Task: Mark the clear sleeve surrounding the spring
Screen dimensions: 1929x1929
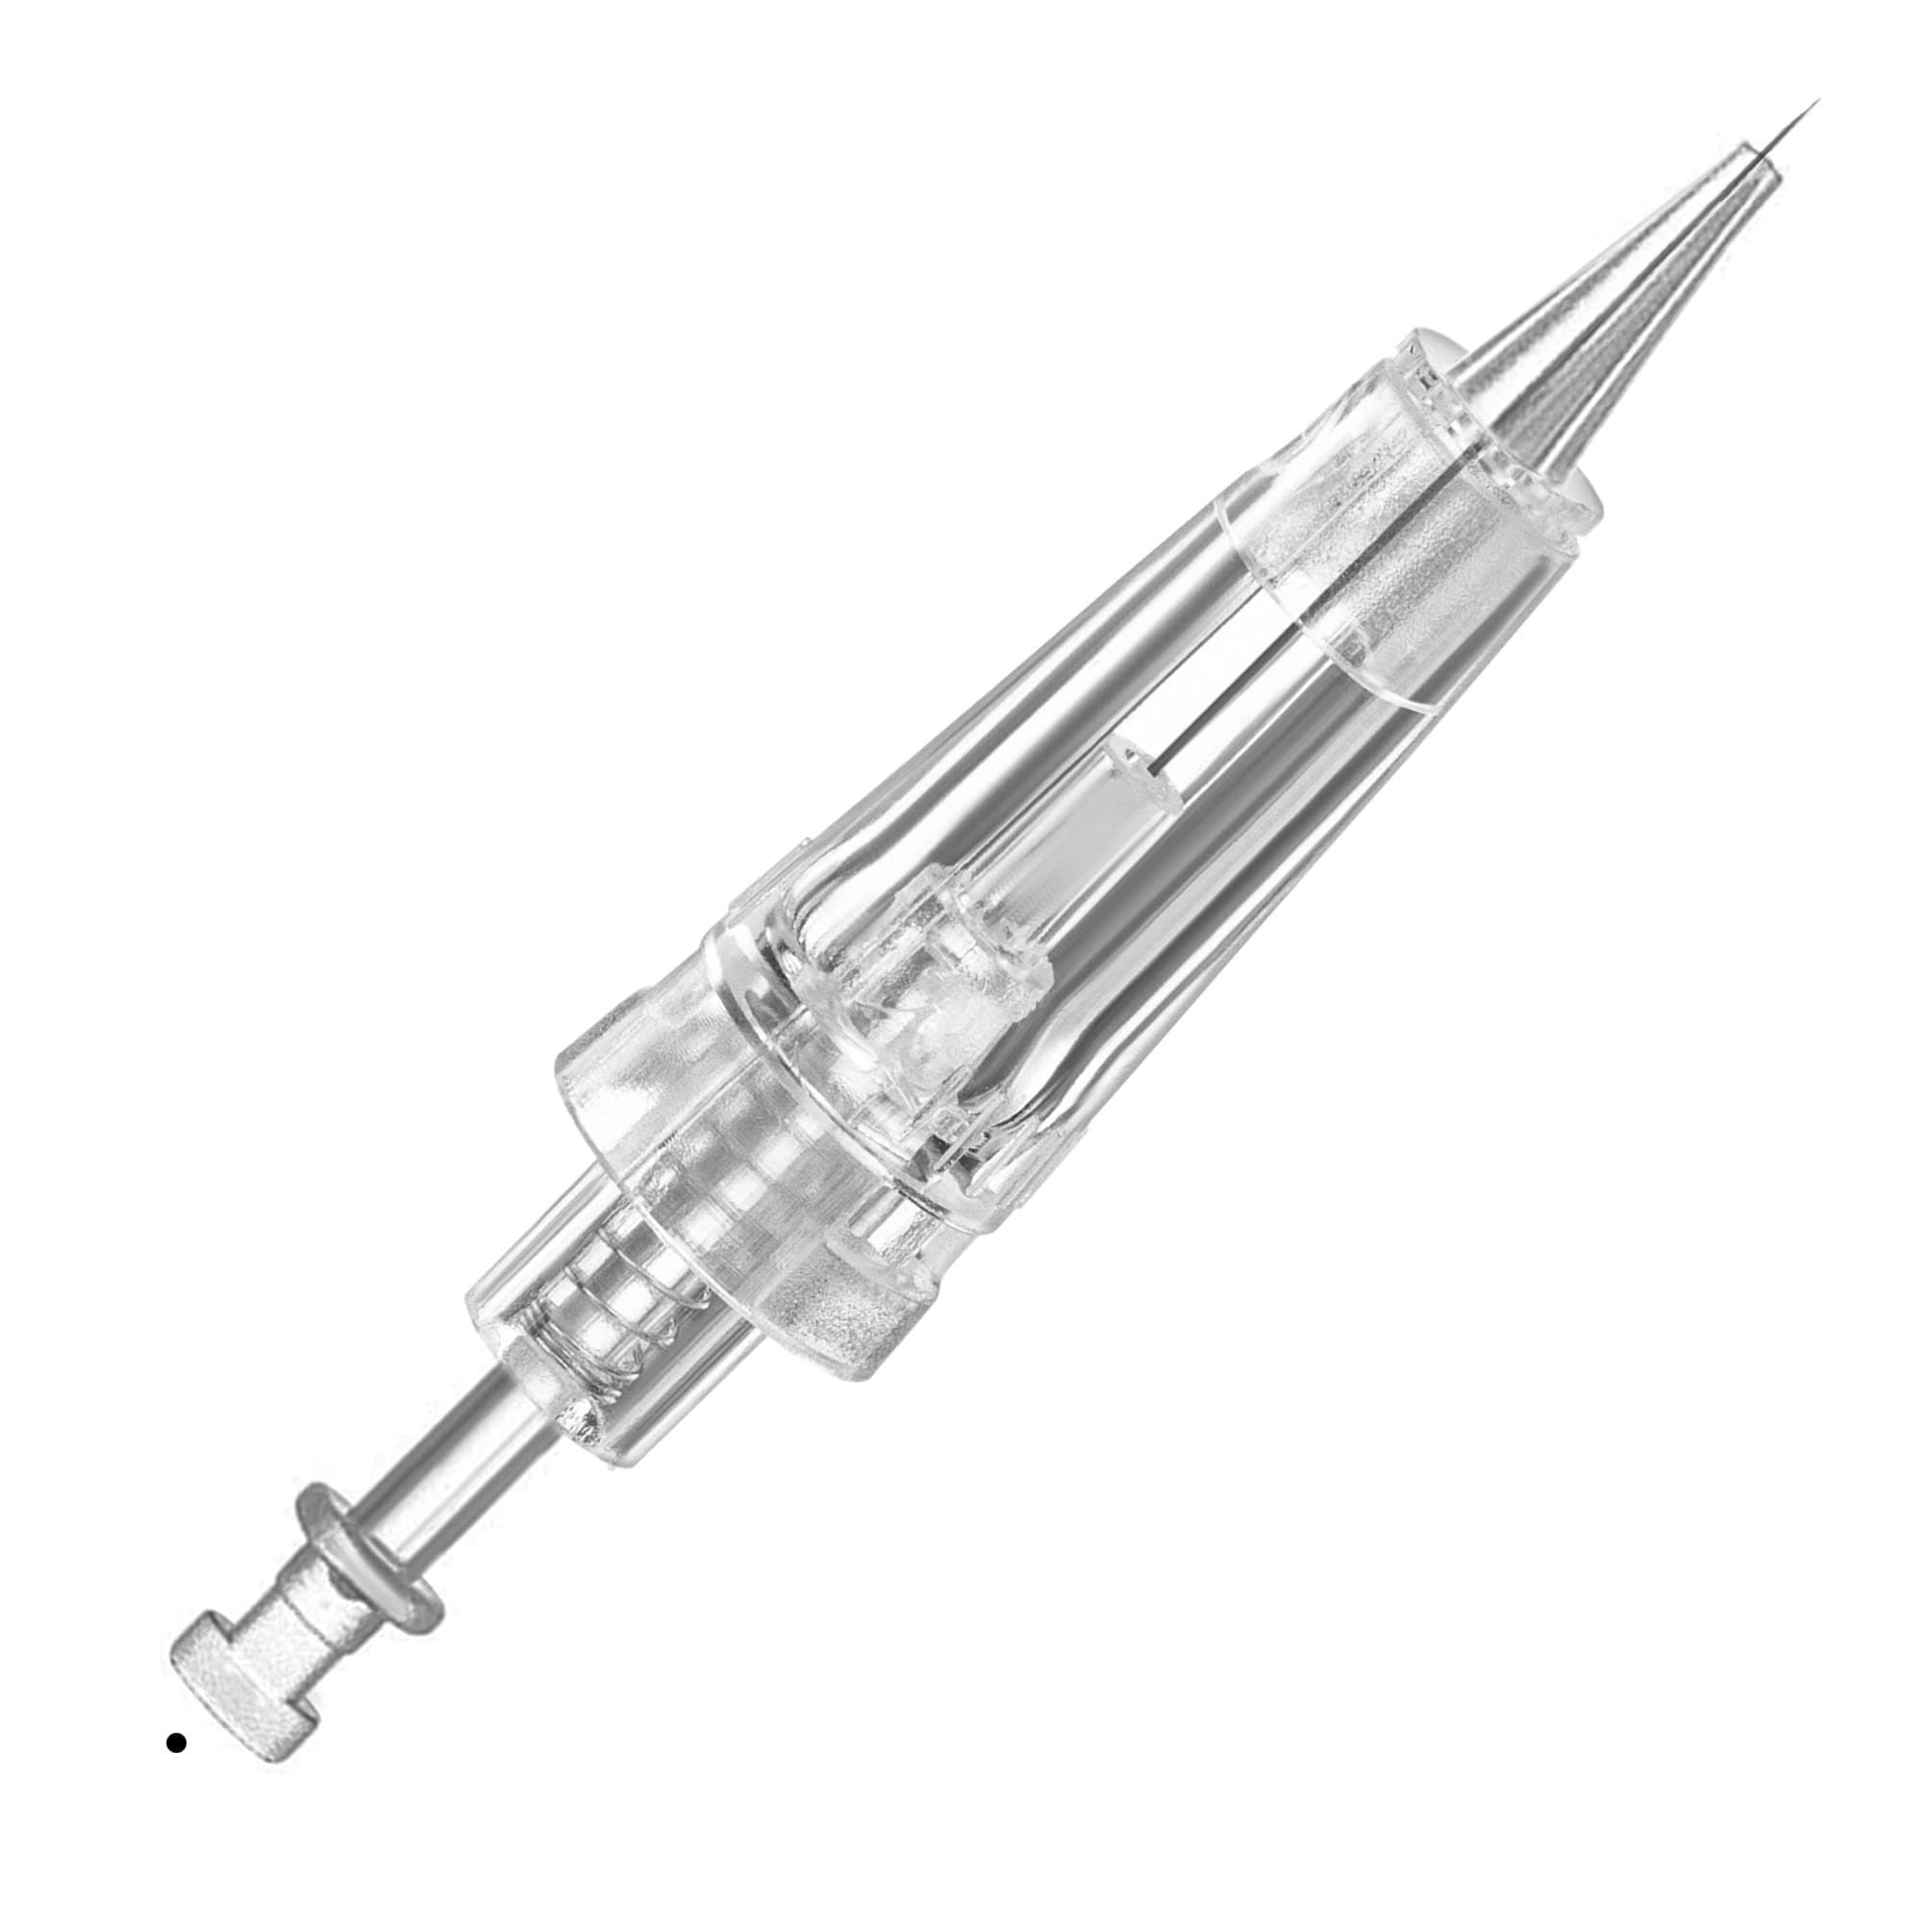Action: coord(599,1328)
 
